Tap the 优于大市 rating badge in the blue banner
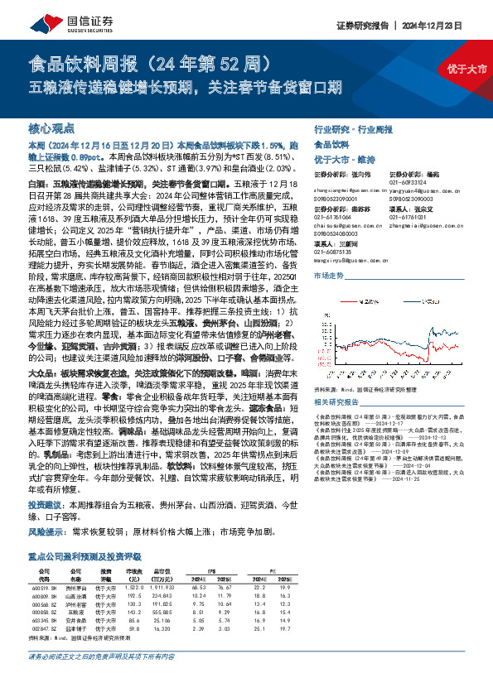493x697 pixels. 465,68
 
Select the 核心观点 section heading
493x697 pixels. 51,130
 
